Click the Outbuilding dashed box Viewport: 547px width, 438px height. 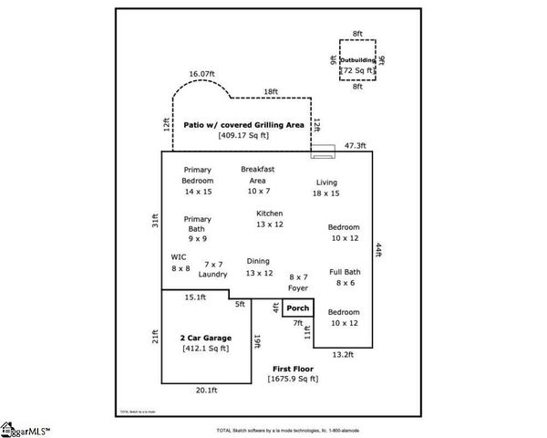357,63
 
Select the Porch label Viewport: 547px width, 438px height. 298,308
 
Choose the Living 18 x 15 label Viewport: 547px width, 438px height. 325,187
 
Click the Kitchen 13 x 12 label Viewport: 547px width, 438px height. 270,218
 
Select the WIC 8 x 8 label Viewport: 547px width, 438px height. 180,263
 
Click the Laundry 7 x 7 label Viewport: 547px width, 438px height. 213,268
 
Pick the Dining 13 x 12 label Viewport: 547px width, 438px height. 259,266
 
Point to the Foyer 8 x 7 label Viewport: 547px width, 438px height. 298,282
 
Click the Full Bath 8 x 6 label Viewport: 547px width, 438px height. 344,277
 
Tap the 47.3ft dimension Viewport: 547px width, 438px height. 355,145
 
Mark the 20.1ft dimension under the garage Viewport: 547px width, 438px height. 206,391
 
